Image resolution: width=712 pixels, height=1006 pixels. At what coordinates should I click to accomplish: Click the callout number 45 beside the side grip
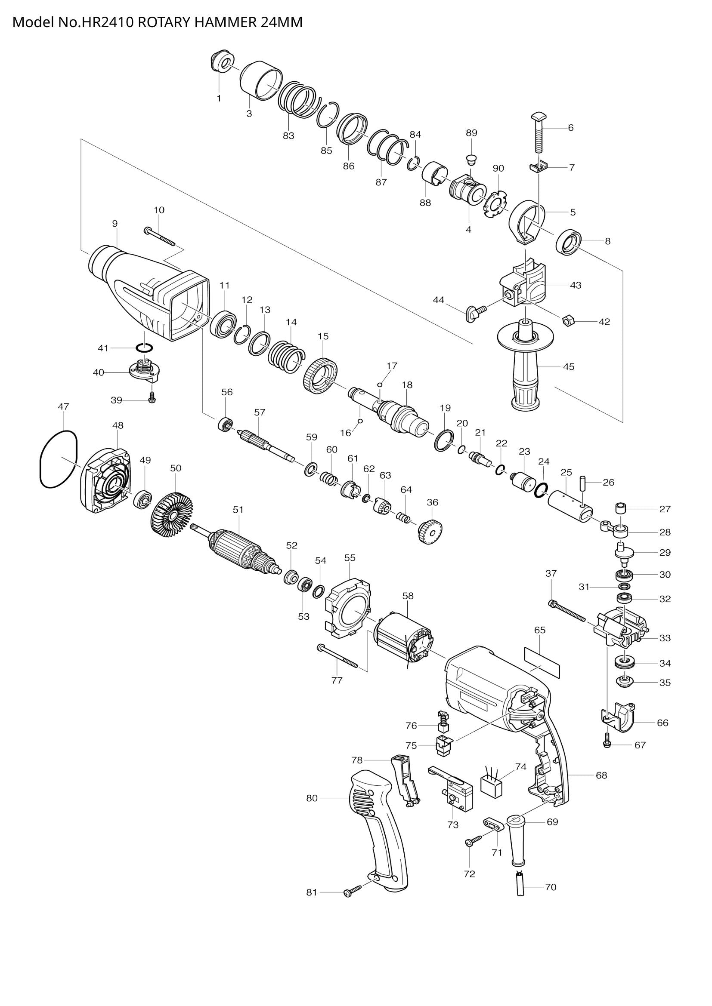(568, 367)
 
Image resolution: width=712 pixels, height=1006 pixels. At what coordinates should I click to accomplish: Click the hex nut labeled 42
(566, 321)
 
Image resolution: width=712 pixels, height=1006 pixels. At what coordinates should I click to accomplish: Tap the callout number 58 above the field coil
(408, 596)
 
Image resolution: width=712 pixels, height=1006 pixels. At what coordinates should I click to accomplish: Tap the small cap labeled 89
(471, 159)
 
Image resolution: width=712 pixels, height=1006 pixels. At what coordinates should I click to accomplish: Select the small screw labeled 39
(152, 398)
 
